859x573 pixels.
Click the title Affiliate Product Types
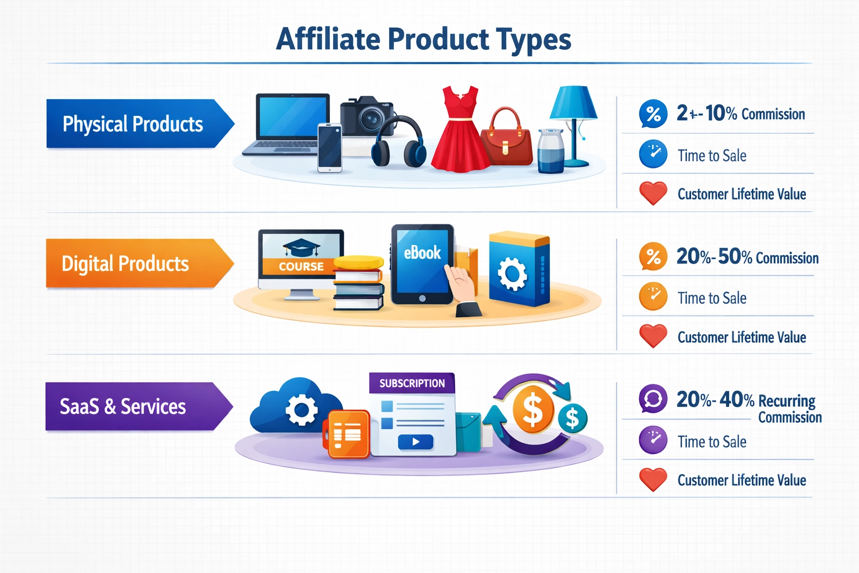pyautogui.click(x=423, y=39)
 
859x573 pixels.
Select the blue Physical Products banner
pyautogui.click(x=134, y=124)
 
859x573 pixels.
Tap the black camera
pyautogui.click(x=367, y=115)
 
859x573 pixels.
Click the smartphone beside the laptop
pyautogui.click(x=329, y=147)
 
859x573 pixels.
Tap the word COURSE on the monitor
pyautogui.click(x=301, y=266)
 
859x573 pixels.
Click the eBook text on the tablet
pyautogui.click(x=422, y=253)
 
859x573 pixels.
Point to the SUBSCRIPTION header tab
pyautogui.click(x=412, y=383)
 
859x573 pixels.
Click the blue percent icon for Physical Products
pyautogui.click(x=653, y=114)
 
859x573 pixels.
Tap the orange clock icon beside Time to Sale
pyautogui.click(x=653, y=297)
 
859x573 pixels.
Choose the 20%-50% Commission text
pyautogui.click(x=747, y=257)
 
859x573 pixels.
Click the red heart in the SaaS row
pyautogui.click(x=653, y=479)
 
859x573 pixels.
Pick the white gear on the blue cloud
pyautogui.click(x=301, y=410)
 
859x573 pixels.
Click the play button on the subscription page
pyautogui.click(x=416, y=442)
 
